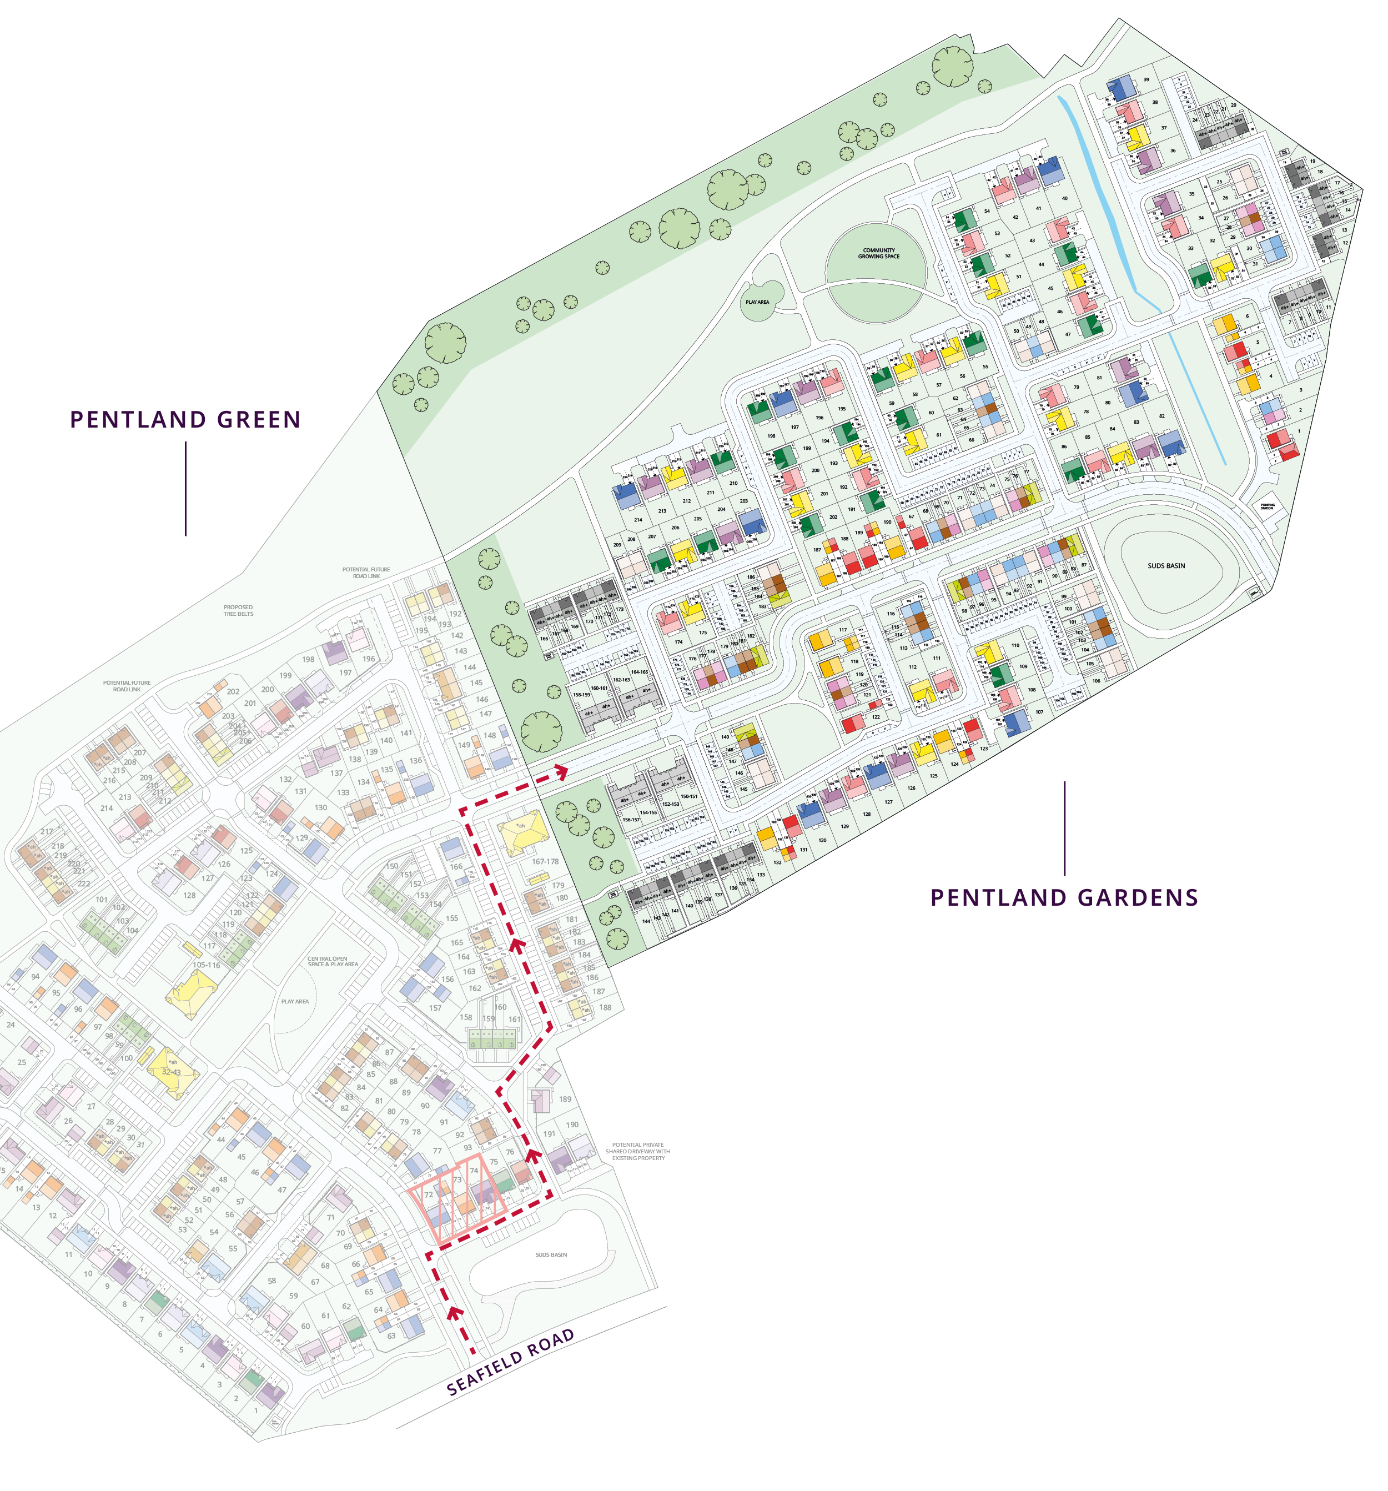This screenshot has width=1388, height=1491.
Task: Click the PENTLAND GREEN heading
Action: point(185,419)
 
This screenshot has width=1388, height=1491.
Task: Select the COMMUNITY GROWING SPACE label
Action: point(878,254)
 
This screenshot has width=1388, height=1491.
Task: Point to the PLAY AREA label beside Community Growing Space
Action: point(757,302)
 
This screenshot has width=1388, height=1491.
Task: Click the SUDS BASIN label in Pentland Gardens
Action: point(1165,565)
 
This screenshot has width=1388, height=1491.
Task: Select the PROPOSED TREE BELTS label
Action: point(238,610)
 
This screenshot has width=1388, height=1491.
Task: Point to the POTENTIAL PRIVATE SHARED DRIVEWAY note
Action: point(637,1151)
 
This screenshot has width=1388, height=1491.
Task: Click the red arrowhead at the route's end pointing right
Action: point(560,769)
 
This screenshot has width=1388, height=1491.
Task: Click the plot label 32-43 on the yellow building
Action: point(171,1072)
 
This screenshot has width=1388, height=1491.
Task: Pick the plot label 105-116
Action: point(206,965)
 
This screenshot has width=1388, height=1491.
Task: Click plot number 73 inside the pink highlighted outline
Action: point(457,1179)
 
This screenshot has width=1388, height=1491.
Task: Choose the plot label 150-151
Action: point(688,796)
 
